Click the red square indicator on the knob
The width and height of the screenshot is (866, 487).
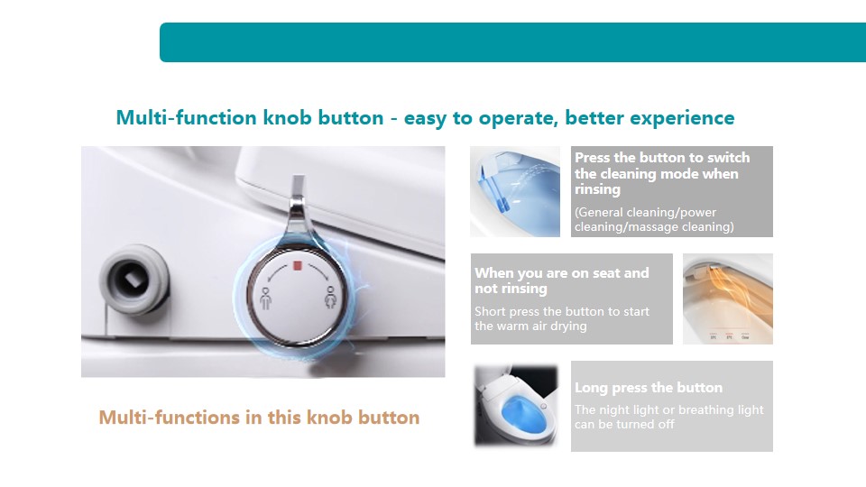pyautogui.click(x=297, y=266)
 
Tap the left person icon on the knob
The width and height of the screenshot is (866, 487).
pyautogui.click(x=265, y=299)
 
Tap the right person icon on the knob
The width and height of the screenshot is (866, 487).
pyautogui.click(x=330, y=297)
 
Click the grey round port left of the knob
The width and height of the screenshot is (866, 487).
pyautogui.click(x=134, y=280)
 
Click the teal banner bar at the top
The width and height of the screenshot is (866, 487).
pyautogui.click(x=512, y=42)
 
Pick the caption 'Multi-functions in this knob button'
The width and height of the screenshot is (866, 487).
pyautogui.click(x=259, y=418)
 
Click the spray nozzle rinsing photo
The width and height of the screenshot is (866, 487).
pyautogui.click(x=515, y=191)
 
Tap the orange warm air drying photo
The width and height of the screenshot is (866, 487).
pyautogui.click(x=727, y=299)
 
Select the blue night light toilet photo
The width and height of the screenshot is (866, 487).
pyautogui.click(x=516, y=405)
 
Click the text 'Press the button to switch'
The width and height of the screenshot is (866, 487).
pyautogui.click(x=662, y=157)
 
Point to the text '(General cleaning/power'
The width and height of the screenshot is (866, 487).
pyautogui.click(x=645, y=212)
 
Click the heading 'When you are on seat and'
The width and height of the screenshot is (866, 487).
pyautogui.click(x=562, y=272)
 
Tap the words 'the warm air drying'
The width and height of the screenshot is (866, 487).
pyautogui.click(x=530, y=326)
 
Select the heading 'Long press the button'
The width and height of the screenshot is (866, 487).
pyautogui.click(x=649, y=388)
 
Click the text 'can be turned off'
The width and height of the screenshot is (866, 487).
pyautogui.click(x=624, y=424)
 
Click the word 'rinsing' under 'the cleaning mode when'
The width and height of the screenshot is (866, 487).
pyautogui.click(x=597, y=189)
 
